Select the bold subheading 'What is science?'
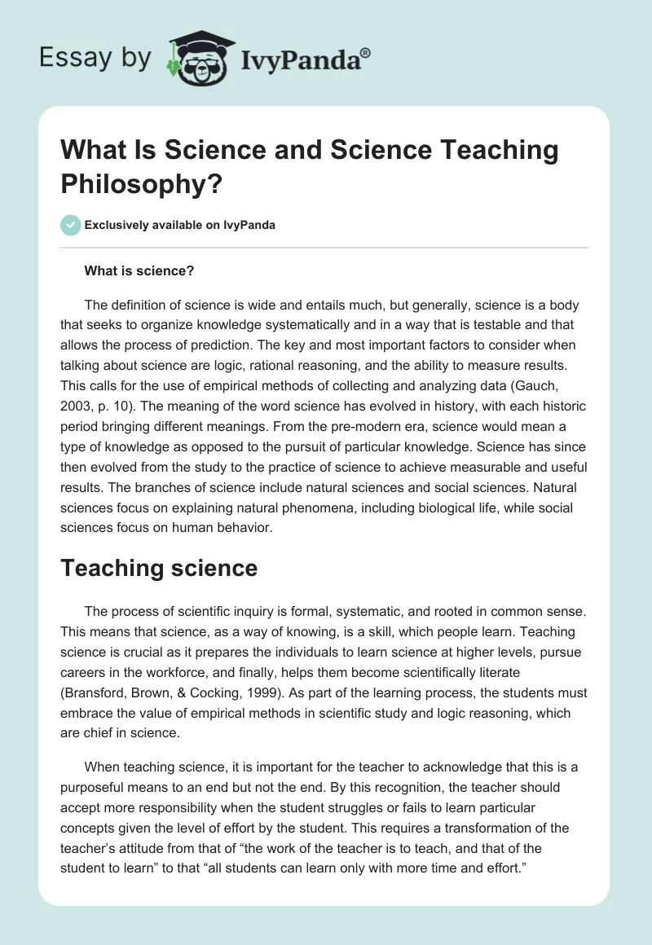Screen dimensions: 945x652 139,270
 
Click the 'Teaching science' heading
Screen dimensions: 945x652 159,568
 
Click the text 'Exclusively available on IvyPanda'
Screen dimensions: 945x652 179,226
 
